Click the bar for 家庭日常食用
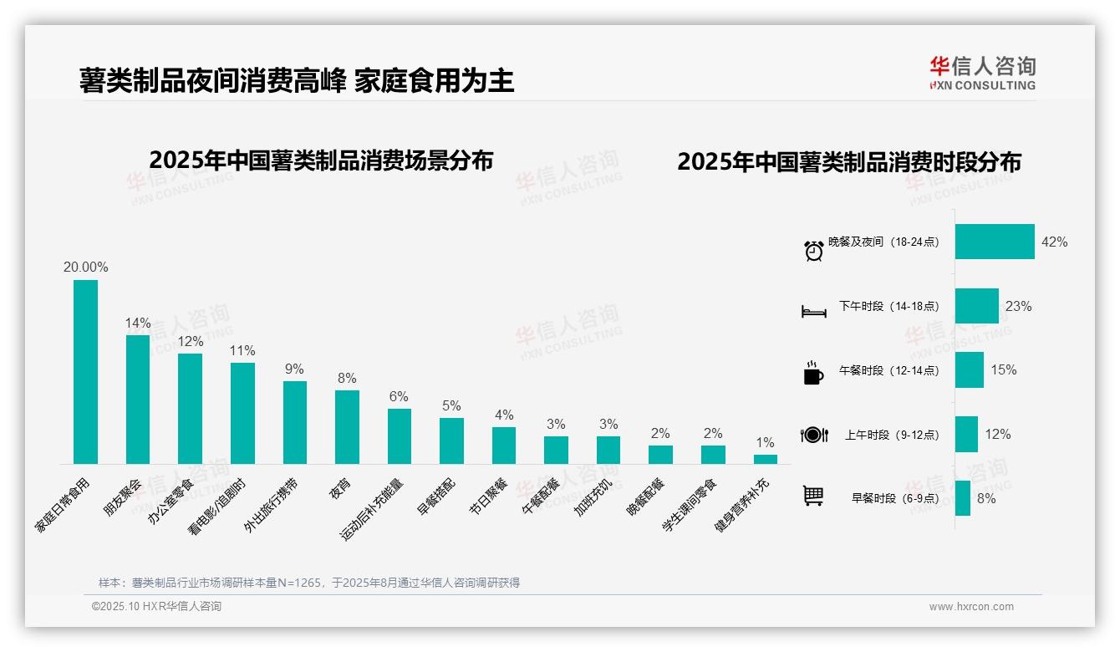85,372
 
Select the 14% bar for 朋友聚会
138,400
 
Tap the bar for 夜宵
347,427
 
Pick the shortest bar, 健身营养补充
765,459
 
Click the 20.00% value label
85,267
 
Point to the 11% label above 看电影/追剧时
242,351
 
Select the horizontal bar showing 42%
995,242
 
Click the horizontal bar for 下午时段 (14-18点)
976,306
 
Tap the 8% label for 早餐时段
986,498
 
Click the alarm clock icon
813,250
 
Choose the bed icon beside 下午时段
813,312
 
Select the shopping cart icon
813,496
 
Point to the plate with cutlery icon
813,435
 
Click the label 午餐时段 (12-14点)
888,370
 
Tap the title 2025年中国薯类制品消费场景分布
321,160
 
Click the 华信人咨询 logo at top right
982,74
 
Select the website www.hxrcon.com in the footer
971,607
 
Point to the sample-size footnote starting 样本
309,583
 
